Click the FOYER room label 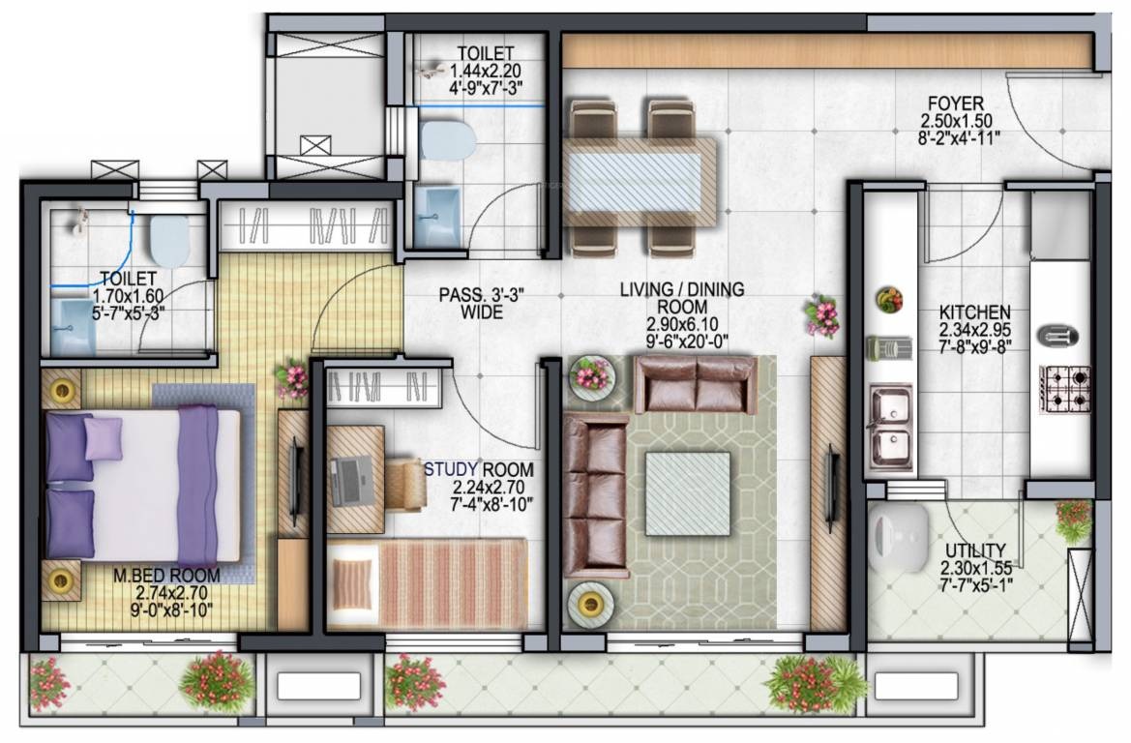955,104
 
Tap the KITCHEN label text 974,312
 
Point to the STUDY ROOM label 479,470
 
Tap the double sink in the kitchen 891,427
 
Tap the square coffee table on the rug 688,492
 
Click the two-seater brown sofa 696,384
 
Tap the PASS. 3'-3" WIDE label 469,303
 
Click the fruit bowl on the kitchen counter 889,299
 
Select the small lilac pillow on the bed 104,438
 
